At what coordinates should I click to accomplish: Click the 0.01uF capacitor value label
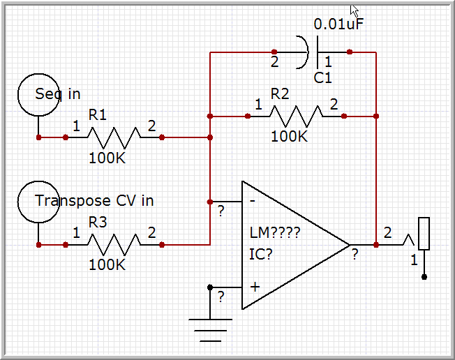tap(338, 24)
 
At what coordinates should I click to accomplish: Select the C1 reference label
tap(322, 78)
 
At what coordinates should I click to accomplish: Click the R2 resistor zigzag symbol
tap(296, 116)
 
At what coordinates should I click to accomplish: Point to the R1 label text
tap(98, 114)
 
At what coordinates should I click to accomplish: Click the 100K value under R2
tap(289, 136)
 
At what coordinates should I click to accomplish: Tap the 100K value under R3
tap(107, 264)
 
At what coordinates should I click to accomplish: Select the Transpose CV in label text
tap(94, 200)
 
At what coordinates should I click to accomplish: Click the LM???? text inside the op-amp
tap(274, 232)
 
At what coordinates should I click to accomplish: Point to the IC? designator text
tap(261, 253)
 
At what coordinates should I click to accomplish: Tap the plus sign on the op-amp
tap(255, 286)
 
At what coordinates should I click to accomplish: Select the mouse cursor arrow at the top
tap(355, 10)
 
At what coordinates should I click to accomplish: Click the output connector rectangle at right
tap(424, 234)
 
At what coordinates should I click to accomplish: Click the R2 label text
tap(281, 93)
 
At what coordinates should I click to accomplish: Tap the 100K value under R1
tap(107, 158)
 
